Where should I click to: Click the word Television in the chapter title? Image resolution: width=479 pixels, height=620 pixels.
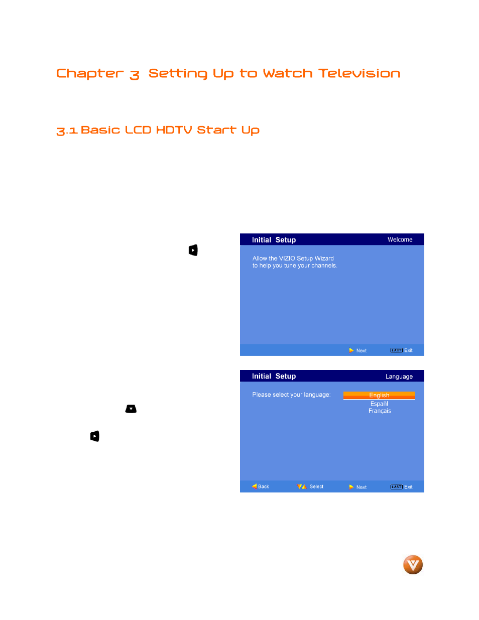[x=359, y=73]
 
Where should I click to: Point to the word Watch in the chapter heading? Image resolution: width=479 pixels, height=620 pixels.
[x=287, y=73]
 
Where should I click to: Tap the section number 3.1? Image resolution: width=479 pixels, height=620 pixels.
[x=67, y=131]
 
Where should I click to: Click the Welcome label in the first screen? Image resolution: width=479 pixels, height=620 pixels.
[x=400, y=240]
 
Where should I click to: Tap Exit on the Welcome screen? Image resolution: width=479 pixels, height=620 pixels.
[x=408, y=350]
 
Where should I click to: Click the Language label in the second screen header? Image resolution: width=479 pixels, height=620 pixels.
[x=399, y=377]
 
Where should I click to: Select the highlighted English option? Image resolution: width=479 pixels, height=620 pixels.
[x=379, y=396]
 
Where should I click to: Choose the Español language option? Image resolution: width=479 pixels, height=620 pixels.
[x=379, y=404]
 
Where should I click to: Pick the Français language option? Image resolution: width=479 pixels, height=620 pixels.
[x=380, y=411]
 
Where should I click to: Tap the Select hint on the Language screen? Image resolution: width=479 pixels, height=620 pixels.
[x=316, y=486]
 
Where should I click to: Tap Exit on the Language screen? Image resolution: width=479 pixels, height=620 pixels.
[x=408, y=487]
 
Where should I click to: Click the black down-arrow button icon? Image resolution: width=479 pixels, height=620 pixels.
[x=131, y=409]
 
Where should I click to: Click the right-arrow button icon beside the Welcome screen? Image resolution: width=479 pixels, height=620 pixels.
[x=193, y=250]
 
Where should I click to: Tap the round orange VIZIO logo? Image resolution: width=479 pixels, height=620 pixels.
[x=413, y=565]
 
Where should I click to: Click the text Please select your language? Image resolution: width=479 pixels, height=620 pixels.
[x=291, y=395]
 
